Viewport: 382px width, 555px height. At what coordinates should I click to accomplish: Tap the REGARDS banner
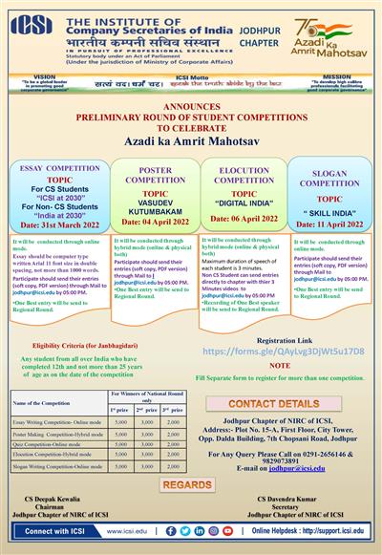coord(191,485)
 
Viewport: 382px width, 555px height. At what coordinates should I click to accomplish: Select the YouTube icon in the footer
coord(227,531)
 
